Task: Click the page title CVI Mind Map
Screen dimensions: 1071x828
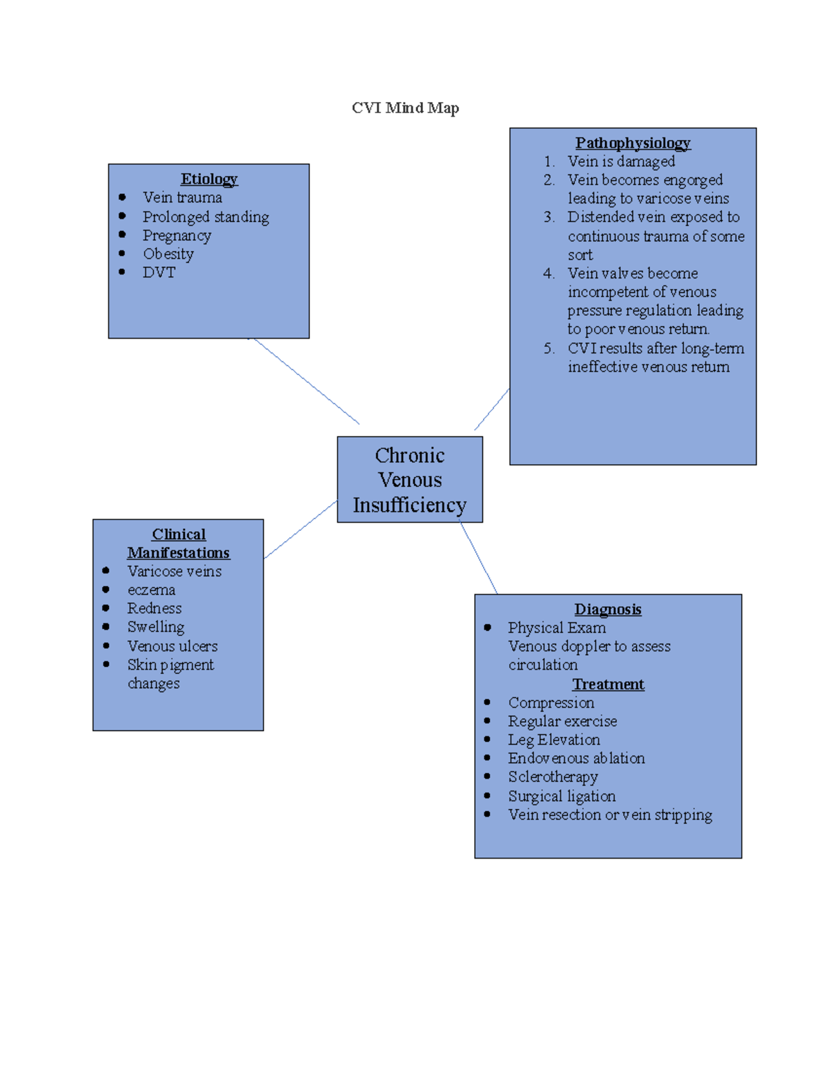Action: pos(405,108)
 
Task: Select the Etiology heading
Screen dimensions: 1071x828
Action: pos(208,179)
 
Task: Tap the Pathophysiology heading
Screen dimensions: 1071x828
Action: pos(632,143)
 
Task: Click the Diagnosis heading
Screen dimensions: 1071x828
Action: pos(607,609)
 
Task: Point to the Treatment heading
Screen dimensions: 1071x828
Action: pos(608,684)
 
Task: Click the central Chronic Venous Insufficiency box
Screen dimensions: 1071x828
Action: pos(410,480)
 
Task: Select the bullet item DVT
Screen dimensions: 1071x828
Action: pos(159,272)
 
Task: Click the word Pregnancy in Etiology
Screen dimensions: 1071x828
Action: pos(177,235)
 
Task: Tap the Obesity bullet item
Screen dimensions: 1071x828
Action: pos(168,254)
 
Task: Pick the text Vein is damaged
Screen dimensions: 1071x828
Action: pos(621,161)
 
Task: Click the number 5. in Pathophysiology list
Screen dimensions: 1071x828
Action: pos(549,348)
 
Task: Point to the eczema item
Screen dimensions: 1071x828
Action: pos(151,590)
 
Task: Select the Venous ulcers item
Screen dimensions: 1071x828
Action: pos(172,646)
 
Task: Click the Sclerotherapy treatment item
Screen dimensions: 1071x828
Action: pos(553,777)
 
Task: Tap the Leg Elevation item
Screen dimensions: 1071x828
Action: pos(554,739)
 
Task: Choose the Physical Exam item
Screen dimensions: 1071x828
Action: pos(557,628)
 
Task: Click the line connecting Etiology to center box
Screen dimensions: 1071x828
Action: pos(306,381)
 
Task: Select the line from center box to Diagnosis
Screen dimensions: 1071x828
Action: pos(479,558)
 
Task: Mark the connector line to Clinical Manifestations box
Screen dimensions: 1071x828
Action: pos(301,529)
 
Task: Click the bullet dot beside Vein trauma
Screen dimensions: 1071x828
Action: pos(122,197)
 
